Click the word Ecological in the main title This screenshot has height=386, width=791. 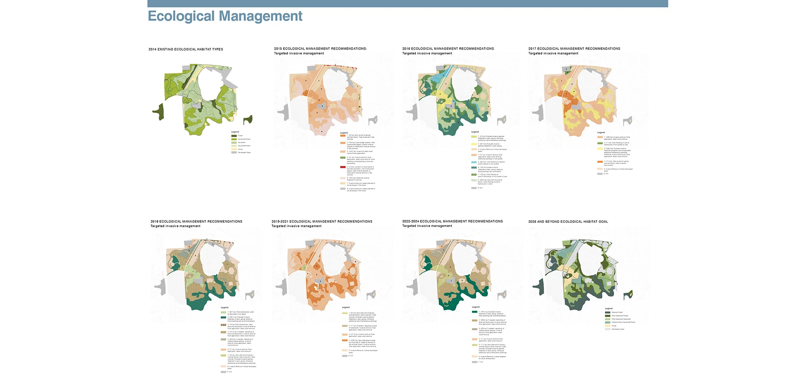[x=182, y=16]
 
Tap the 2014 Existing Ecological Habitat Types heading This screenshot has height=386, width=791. [x=186, y=49]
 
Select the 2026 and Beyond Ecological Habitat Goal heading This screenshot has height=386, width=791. [x=568, y=222]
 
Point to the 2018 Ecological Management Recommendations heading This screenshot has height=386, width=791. [x=196, y=222]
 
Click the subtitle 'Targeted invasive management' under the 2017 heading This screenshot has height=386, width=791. [x=553, y=53]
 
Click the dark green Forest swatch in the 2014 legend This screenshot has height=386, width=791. [x=234, y=136]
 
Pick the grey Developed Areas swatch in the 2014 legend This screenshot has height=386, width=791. [x=234, y=152]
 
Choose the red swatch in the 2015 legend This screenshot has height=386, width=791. [x=343, y=167]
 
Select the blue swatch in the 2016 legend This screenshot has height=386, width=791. [x=474, y=162]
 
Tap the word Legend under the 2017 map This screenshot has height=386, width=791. [x=601, y=132]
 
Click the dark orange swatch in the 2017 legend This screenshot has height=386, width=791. [x=600, y=162]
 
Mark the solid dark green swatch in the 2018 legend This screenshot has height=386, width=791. [x=224, y=317]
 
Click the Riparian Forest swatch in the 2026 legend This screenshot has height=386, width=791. [x=608, y=312]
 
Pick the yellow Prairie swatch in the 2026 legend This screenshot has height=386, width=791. [x=608, y=326]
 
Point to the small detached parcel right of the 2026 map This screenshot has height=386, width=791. [x=628, y=295]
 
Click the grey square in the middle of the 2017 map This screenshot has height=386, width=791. [x=577, y=107]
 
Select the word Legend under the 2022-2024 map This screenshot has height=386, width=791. [x=475, y=307]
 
